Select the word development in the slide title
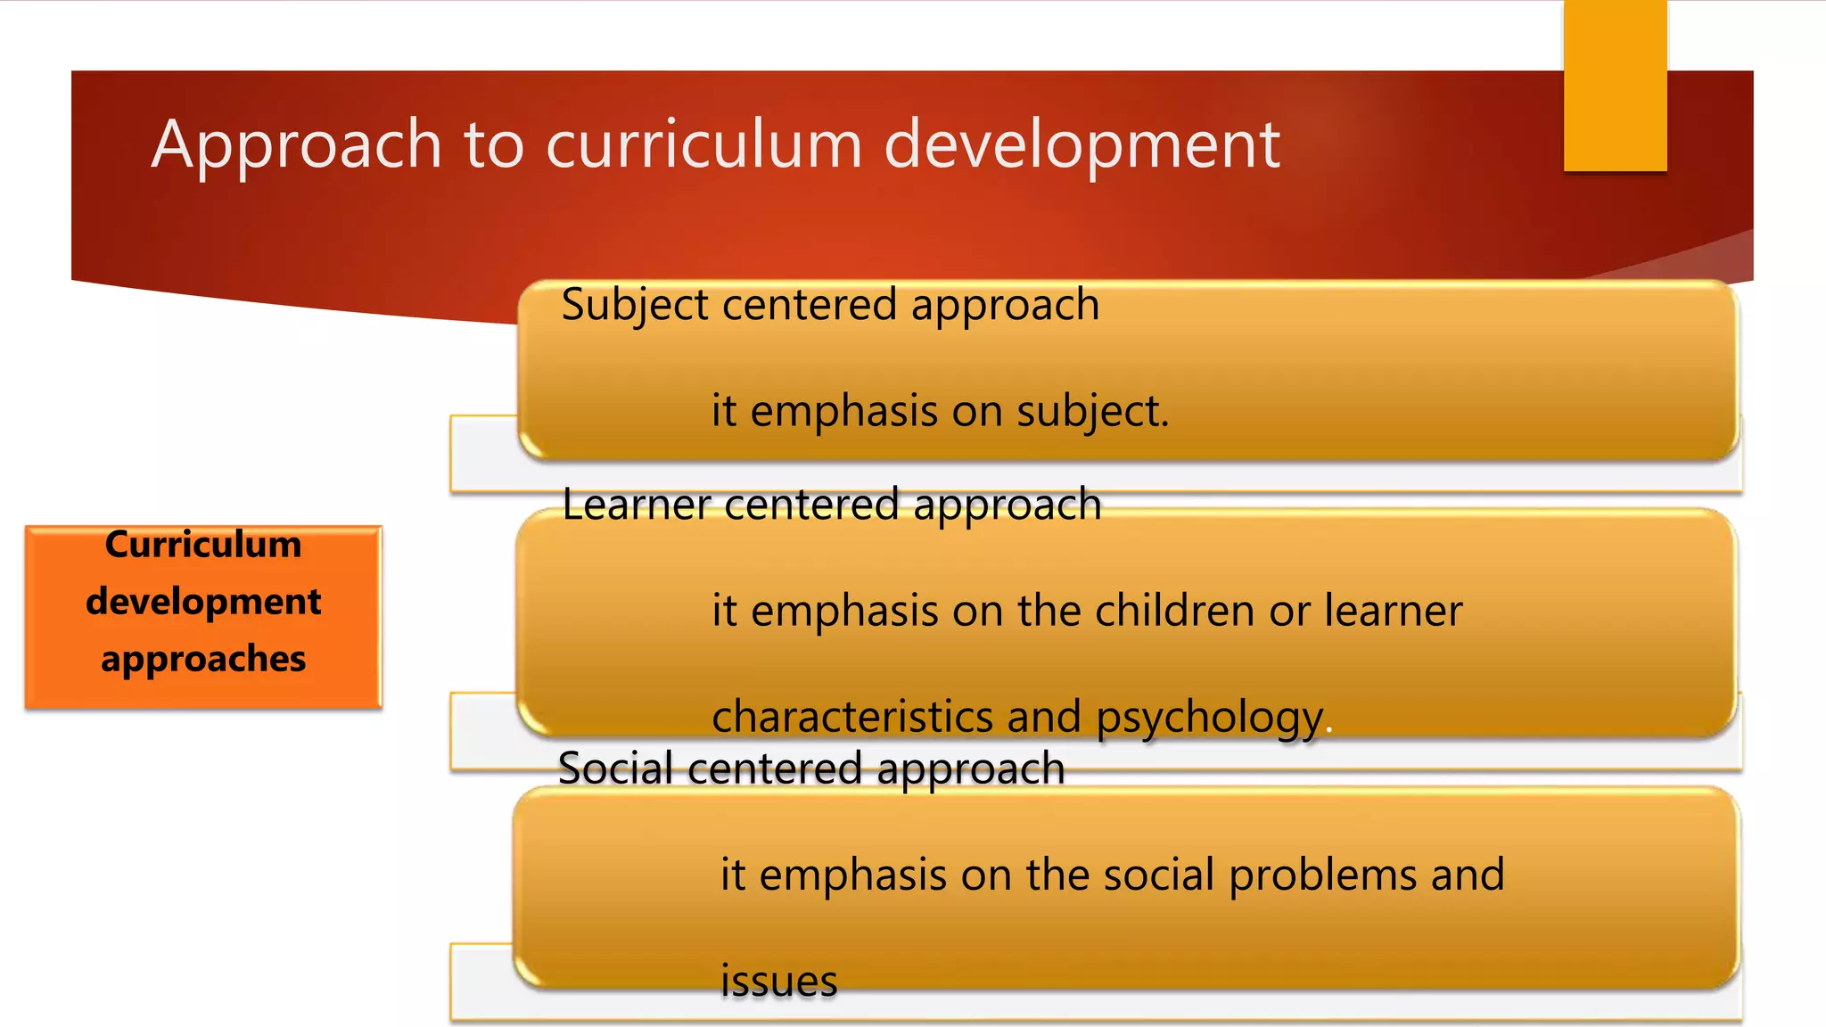[1082, 144]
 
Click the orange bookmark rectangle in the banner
[1615, 86]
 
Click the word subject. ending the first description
[1092, 412]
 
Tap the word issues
[778, 982]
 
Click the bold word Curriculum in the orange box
[203, 545]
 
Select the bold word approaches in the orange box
[203, 660]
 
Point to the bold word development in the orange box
[203, 602]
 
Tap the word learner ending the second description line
[1393, 612]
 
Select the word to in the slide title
[494, 144]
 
